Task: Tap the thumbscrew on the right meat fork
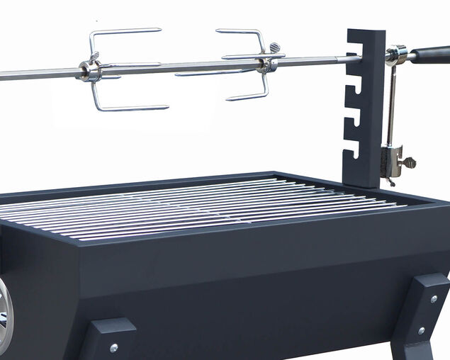274,48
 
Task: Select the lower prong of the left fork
131,108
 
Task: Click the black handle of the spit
429,55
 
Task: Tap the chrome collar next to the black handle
396,55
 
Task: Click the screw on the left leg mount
113,347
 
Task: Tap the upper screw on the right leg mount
433,300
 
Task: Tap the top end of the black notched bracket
366,34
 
